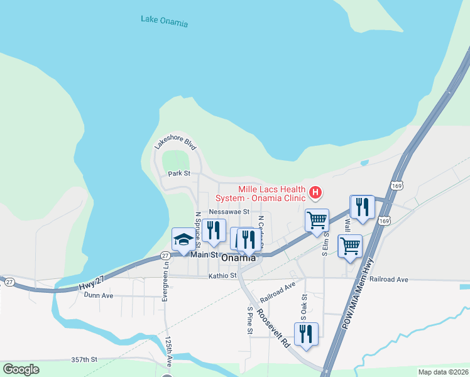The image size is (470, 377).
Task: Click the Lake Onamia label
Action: click(x=164, y=21)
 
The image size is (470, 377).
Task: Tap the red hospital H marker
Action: click(x=317, y=192)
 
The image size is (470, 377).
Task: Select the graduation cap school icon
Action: click(x=183, y=239)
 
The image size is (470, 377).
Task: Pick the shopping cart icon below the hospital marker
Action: click(x=317, y=221)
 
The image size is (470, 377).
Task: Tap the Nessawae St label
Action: click(x=229, y=212)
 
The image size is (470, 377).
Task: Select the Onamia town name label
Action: click(x=238, y=258)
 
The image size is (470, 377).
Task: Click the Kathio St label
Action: click(x=222, y=275)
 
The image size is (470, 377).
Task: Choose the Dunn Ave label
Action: click(x=98, y=295)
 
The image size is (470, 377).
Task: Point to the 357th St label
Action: click(x=84, y=360)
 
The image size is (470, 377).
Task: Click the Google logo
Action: click(x=21, y=369)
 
